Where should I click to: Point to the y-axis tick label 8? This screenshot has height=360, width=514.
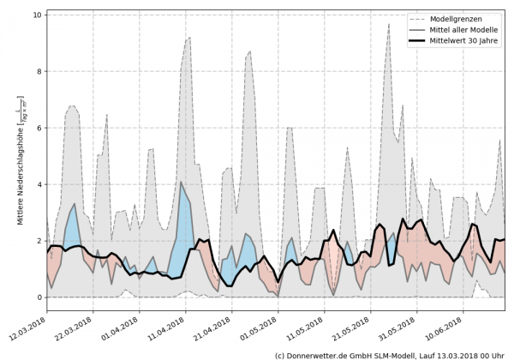coord(37,72)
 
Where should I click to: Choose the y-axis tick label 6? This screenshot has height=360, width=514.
coord(37,129)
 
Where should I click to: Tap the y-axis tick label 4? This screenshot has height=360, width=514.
coord(37,184)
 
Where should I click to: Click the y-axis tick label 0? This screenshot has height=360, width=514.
coord(37,297)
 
